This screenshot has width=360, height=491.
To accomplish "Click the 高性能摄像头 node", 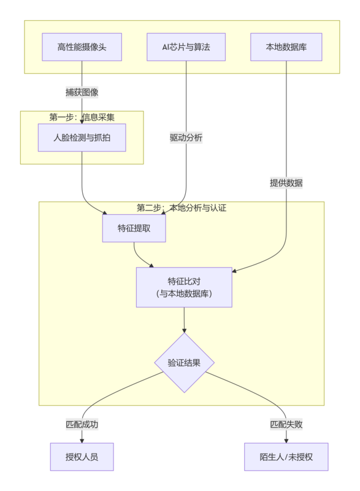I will coord(82,47).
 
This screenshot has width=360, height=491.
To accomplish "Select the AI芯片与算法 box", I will coord(186,47).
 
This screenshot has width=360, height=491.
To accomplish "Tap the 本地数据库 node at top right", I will coord(286,47).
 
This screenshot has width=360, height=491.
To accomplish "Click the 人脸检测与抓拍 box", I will coord(82,137).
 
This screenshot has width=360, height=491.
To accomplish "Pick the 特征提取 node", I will coord(134,228).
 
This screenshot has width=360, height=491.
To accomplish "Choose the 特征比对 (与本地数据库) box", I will coord(184,287).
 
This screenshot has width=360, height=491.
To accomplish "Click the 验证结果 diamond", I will coord(184,363).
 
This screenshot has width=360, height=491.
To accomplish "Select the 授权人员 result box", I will coord(82,457).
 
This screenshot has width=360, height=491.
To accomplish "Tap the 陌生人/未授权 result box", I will coord(286,457).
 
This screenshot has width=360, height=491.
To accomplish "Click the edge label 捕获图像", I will coord(82,93).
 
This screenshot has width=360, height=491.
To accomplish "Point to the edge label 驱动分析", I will coord(186,138).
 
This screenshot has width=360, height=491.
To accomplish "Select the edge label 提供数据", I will coord(286,183).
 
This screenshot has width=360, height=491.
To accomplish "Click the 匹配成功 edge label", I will coord(82,424).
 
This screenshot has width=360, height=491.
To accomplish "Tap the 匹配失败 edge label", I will coord(286,424).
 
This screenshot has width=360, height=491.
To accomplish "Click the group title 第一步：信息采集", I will coord(82,117).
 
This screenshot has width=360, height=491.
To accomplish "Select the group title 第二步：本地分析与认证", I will coord(182,208).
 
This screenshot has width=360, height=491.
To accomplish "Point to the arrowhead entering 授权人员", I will coord(82,440).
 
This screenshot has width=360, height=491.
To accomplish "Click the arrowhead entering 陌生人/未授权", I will coord(286,440).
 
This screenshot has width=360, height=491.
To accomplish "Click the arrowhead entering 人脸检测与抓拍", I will coord(82,122).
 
